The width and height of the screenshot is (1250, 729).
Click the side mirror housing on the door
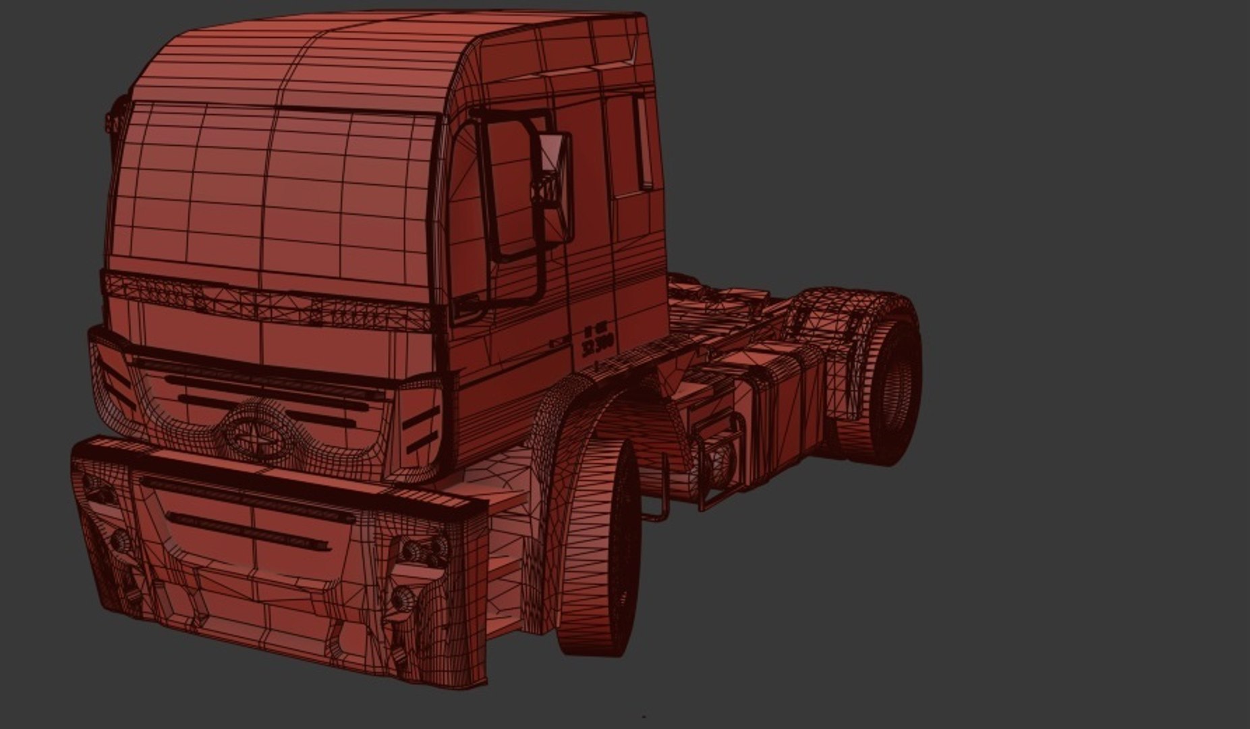(x=556, y=186)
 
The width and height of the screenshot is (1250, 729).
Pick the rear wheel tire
(x=894, y=381)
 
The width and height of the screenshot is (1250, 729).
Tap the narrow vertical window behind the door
(x=644, y=142)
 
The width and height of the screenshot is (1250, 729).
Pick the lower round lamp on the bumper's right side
(x=404, y=597)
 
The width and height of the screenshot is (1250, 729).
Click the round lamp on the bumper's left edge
(x=121, y=540)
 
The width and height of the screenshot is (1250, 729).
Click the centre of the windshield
(x=270, y=189)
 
